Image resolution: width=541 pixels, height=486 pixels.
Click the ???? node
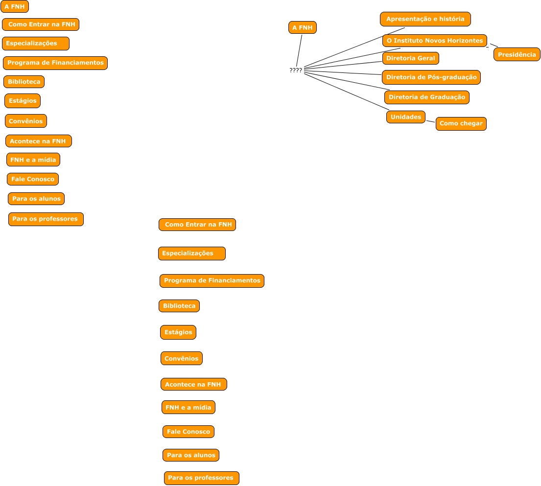pos(296,70)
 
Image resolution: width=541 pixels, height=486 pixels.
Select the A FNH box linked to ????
pos(303,28)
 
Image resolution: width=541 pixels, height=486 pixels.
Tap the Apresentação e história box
pos(425,19)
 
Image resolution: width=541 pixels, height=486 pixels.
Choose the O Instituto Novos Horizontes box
pos(434,41)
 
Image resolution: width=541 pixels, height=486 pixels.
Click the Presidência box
pos(517,54)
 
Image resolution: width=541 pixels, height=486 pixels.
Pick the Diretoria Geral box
pos(410,58)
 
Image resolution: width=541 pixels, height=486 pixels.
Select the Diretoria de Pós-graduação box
pos(431,77)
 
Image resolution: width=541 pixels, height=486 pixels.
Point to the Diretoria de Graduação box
pos(426,97)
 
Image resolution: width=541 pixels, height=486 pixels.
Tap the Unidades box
pos(405,117)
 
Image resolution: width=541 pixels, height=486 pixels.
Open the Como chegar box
pos(461,124)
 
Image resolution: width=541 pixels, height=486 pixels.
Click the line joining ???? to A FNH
pos(299,50)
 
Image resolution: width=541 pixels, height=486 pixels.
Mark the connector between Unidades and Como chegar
pos(430,120)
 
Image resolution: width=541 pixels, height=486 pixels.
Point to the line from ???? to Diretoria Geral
pos(343,66)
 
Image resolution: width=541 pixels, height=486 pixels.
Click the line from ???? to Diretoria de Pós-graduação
pos(343,73)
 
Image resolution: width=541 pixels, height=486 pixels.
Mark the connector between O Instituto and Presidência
pos(494,45)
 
